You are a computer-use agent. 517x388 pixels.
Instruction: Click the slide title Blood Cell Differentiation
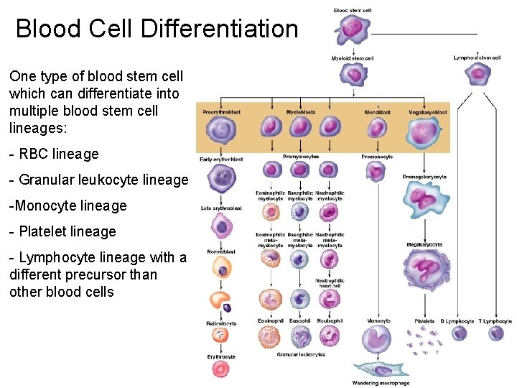(157, 29)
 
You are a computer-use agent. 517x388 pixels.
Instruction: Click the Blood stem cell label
(352, 9)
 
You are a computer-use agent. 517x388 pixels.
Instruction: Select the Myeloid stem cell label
(352, 57)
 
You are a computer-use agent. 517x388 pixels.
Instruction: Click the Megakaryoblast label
(428, 112)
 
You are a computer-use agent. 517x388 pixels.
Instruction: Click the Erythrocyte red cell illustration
(220, 369)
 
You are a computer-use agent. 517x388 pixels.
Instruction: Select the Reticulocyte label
(221, 323)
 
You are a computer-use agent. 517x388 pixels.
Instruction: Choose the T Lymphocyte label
(495, 320)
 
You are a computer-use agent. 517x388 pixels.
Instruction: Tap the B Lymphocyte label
(457, 320)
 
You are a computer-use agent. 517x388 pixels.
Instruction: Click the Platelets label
(424, 320)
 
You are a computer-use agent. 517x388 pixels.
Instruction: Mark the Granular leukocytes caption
(301, 354)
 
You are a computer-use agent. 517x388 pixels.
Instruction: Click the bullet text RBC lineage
(54, 154)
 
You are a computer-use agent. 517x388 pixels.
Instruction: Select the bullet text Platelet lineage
(62, 231)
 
